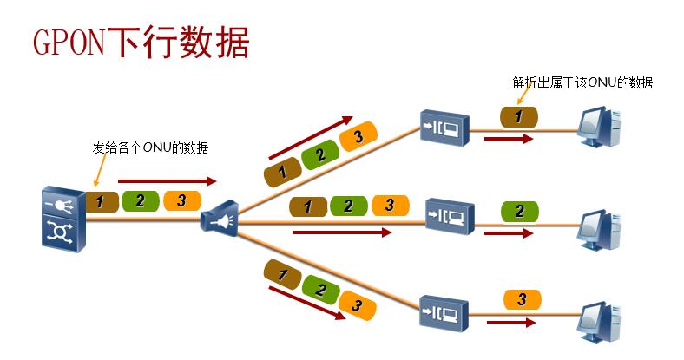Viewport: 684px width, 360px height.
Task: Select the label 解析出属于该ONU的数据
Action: tap(582, 83)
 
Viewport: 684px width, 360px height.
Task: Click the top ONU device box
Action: tap(444, 127)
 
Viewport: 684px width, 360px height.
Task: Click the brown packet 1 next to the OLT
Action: tap(101, 201)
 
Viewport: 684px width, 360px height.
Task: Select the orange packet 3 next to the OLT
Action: tap(181, 200)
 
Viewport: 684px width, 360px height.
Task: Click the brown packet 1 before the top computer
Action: tap(519, 116)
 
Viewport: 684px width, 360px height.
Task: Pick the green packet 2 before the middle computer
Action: tap(519, 211)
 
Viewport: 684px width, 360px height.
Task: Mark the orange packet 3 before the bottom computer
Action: tap(522, 299)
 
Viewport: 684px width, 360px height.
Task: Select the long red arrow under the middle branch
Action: tap(342, 232)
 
